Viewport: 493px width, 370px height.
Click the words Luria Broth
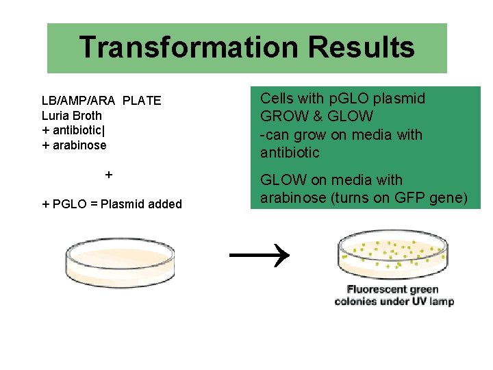point(71,116)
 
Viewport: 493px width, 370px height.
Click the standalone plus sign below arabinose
point(109,175)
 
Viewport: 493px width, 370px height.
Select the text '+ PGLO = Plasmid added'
point(112,203)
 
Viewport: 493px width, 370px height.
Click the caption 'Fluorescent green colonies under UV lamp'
point(394,295)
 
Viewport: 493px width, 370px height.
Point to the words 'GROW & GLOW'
point(316,116)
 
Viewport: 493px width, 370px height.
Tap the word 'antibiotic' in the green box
point(290,153)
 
